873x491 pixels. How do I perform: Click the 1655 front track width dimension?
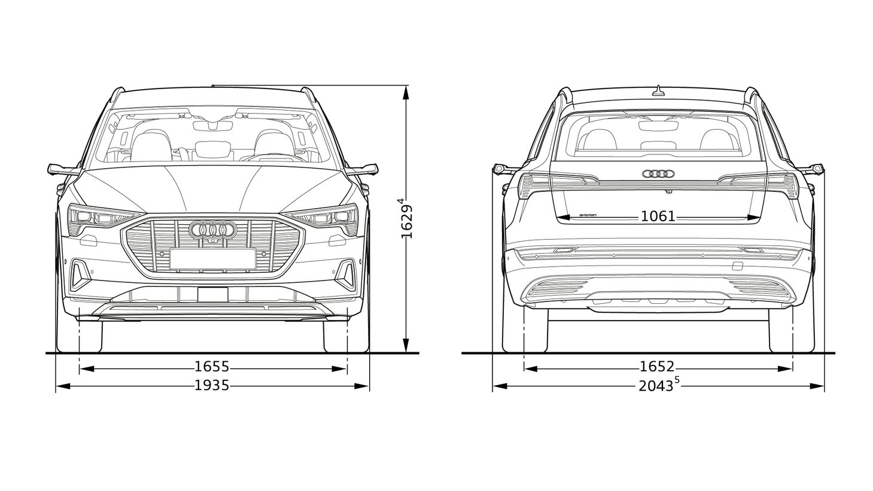coord(212,367)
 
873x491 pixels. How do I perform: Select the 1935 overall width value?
coord(212,385)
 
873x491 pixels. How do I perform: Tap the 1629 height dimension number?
coord(406,221)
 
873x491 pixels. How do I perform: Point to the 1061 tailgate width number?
coord(658,216)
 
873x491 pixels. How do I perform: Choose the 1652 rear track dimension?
coord(657,367)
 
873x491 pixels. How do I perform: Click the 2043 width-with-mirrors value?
coord(656,386)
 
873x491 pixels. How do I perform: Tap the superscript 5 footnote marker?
coord(677,381)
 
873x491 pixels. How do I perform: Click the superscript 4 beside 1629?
coord(400,201)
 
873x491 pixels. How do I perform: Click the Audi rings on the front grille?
coord(213,230)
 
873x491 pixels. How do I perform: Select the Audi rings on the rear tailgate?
coord(658,174)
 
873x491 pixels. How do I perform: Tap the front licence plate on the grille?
coord(213,259)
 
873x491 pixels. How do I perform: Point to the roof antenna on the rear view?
coord(658,90)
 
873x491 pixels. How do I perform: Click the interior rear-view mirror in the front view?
coord(213,126)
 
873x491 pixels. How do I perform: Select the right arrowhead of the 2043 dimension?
coord(817,386)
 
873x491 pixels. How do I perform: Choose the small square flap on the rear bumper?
coord(737,266)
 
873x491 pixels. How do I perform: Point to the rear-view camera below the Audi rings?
coord(669,191)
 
